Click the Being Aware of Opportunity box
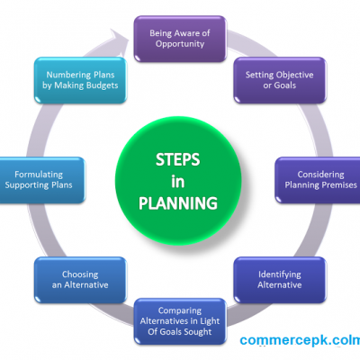pyautogui.click(x=180, y=39)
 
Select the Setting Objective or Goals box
pyautogui.click(x=280, y=80)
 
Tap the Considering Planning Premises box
pyautogui.click(x=318, y=180)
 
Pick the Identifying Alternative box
pyautogui.click(x=280, y=280)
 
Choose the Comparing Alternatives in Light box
pyautogui.click(x=180, y=321)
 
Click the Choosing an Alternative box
pyautogui.click(x=80, y=280)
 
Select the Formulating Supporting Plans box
pyautogui.click(x=42, y=180)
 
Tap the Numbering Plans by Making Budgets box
pyautogui.click(x=80, y=80)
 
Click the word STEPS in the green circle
pyautogui.click(x=177, y=159)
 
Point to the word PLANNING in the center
pyautogui.click(x=178, y=203)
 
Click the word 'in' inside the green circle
pyautogui.click(x=177, y=182)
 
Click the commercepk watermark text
pyautogui.click(x=300, y=340)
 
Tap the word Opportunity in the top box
pyautogui.click(x=180, y=44)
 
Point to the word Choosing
pyautogui.click(x=80, y=274)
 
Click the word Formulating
pyautogui.click(x=39, y=175)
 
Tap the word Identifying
pyautogui.click(x=280, y=274)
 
